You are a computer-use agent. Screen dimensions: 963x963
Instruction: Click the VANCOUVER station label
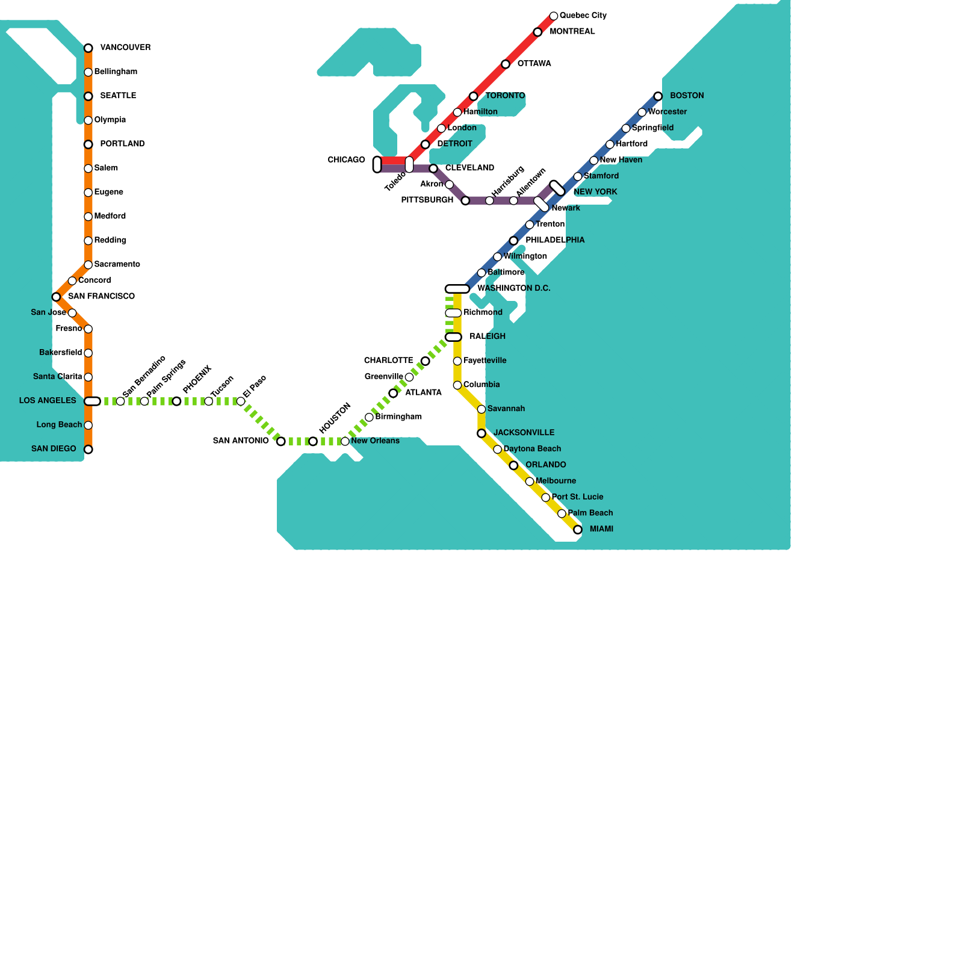click(x=125, y=48)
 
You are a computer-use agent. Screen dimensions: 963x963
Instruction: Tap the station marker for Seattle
click(x=88, y=96)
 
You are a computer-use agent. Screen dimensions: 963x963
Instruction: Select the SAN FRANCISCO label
click(x=101, y=297)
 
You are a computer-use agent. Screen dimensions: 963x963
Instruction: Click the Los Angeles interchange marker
click(x=92, y=401)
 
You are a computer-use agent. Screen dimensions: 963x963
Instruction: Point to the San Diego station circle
click(x=88, y=450)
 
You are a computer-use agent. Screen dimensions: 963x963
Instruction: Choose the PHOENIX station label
click(x=197, y=379)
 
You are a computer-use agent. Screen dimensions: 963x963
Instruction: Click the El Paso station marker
click(x=241, y=401)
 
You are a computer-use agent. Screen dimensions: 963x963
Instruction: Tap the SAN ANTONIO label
click(x=241, y=441)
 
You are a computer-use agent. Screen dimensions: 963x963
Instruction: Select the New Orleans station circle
click(x=345, y=442)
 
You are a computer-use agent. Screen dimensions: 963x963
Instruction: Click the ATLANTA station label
click(x=423, y=393)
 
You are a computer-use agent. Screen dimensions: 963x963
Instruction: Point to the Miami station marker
click(x=578, y=530)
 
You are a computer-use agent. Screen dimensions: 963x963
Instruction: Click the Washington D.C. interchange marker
click(x=457, y=290)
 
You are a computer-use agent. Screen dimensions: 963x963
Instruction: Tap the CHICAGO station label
click(x=346, y=160)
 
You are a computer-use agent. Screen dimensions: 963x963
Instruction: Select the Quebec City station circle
click(x=554, y=16)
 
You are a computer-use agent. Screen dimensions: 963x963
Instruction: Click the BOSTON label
click(x=687, y=96)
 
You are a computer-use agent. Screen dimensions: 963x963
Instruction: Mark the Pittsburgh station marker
click(x=465, y=201)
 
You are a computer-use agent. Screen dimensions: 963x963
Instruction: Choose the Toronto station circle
click(x=474, y=96)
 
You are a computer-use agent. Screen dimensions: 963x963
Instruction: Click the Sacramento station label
click(x=117, y=265)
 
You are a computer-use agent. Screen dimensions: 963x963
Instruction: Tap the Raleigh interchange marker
click(x=453, y=337)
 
